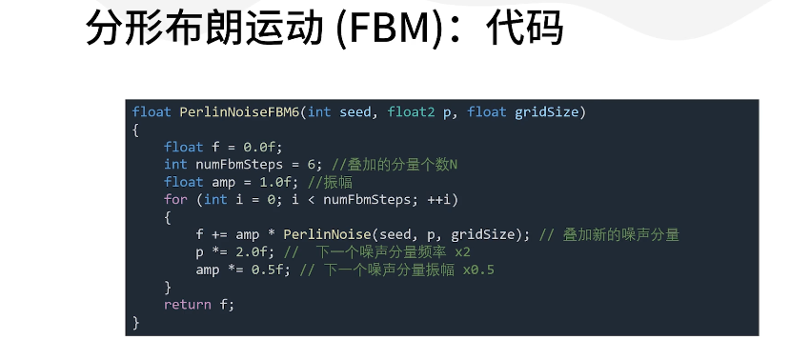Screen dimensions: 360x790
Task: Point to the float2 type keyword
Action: (x=411, y=112)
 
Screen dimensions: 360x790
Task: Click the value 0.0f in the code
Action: (x=262, y=147)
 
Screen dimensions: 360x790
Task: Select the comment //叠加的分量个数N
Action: (x=395, y=165)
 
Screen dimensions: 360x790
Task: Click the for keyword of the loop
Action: (x=175, y=199)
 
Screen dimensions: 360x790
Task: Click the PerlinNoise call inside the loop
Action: (x=319, y=234)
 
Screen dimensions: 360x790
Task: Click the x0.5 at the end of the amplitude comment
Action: (x=478, y=270)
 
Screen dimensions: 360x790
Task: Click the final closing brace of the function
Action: (x=136, y=323)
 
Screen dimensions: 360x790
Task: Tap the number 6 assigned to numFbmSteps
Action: (x=311, y=165)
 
